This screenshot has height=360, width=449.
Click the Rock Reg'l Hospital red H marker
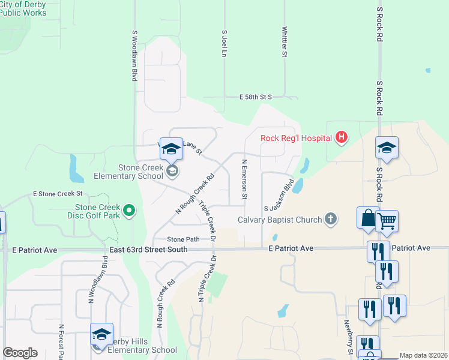342,138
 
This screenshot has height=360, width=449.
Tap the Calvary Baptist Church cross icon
330,219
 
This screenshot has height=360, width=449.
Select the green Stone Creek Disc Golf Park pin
128,211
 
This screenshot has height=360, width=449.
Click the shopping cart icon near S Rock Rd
387,221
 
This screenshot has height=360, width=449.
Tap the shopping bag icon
367,218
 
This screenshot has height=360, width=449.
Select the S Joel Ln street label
224,44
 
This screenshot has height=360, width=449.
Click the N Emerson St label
244,179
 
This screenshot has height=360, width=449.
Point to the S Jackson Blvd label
279,194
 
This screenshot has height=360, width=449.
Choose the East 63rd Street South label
148,249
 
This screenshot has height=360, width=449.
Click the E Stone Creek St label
57,194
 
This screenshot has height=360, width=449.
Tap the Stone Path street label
183,239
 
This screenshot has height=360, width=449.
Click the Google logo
20,353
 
